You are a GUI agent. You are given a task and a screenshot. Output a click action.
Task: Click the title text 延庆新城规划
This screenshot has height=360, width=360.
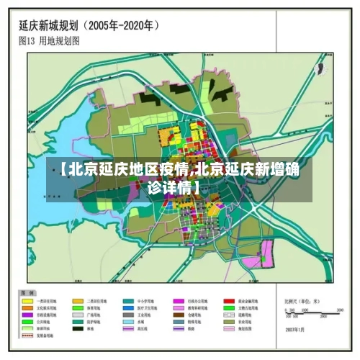pos(50,25)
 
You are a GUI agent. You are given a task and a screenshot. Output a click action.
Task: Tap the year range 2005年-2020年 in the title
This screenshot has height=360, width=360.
pos(123,25)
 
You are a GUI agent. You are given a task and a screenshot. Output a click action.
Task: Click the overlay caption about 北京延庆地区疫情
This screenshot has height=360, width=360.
pos(179,178)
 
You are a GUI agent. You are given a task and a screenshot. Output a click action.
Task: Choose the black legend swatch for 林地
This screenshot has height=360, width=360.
pos(78,329)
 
